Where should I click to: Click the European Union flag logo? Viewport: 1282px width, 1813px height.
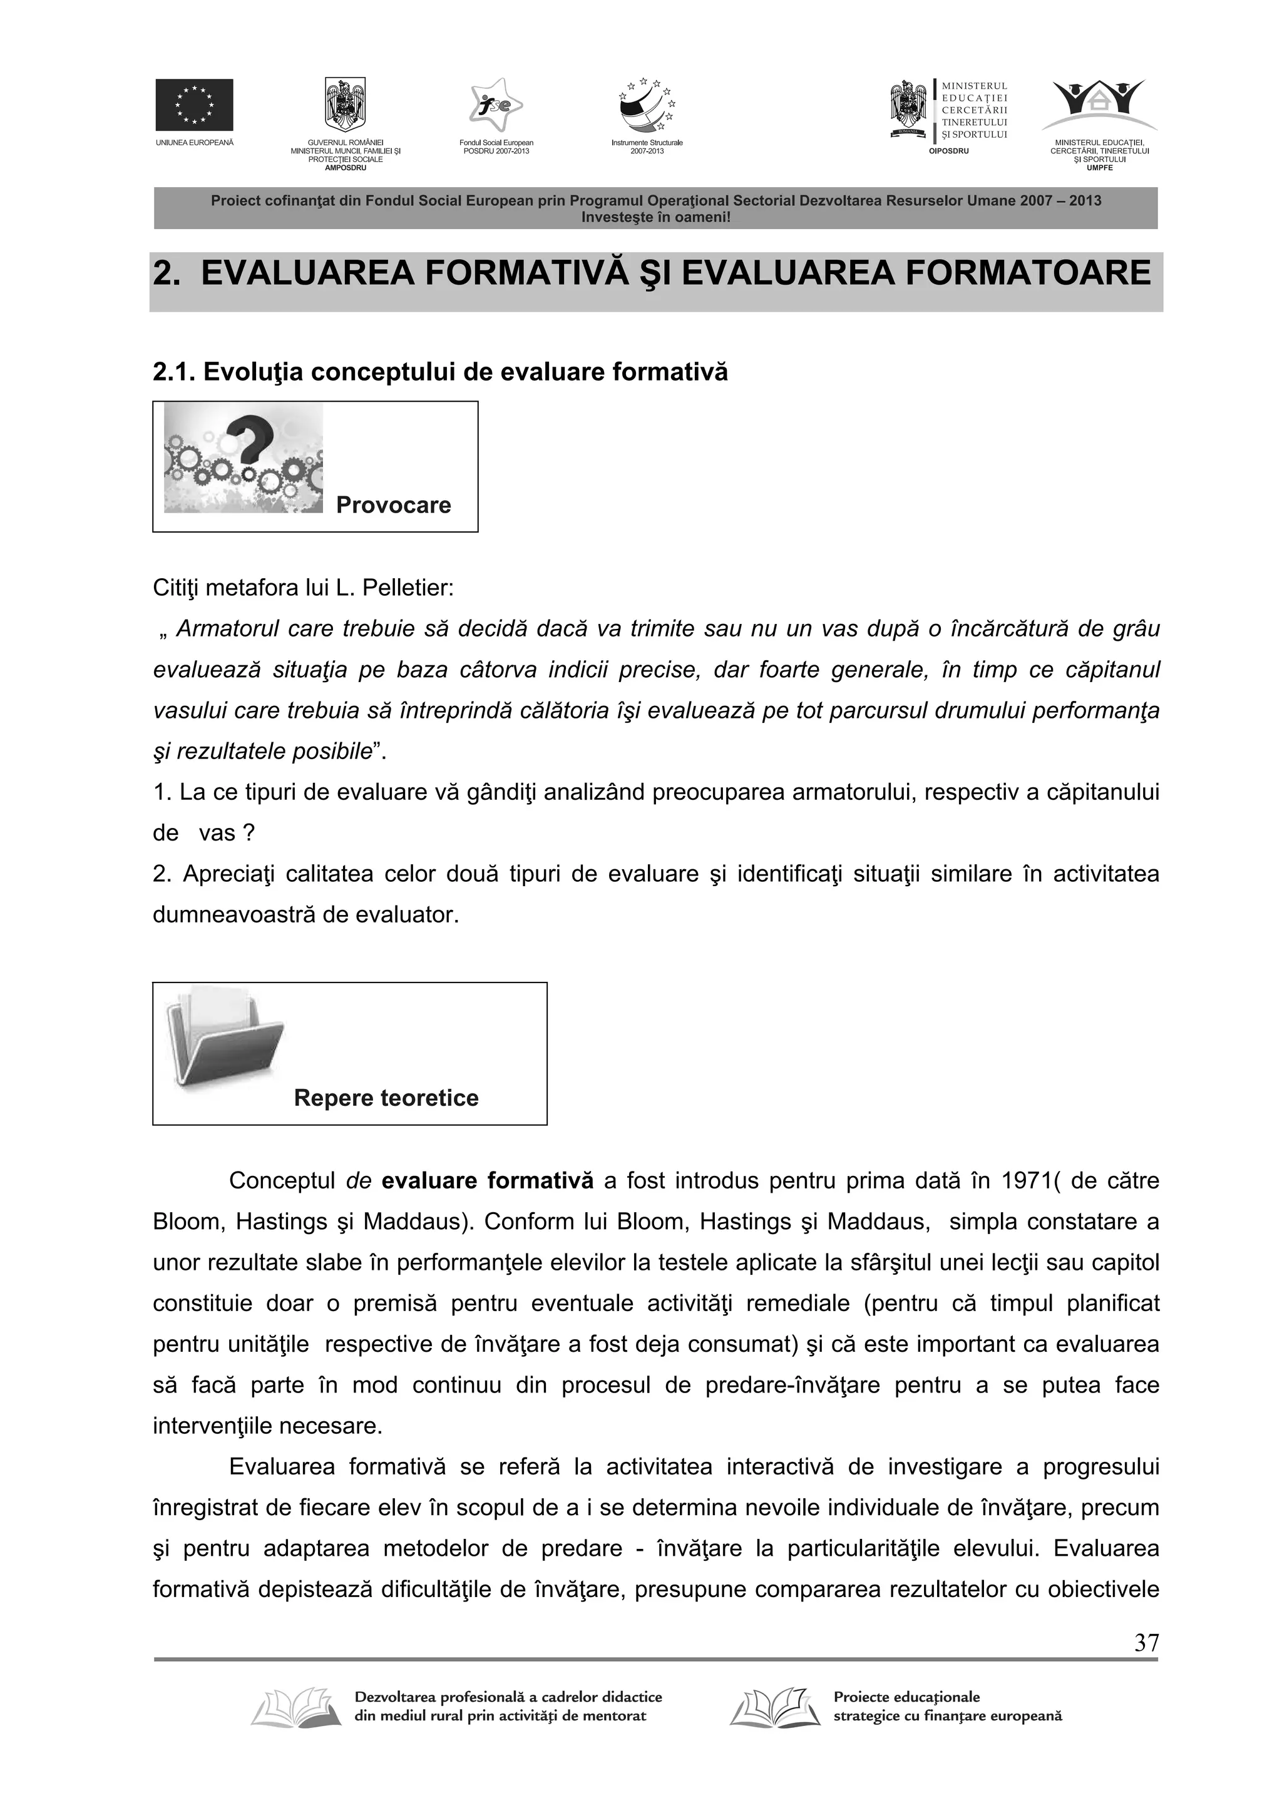click(x=193, y=105)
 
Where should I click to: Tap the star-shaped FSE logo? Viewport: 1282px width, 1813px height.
click(x=495, y=105)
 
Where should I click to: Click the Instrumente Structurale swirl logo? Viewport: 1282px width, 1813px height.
click(x=647, y=105)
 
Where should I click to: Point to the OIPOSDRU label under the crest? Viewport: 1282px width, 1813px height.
click(x=948, y=151)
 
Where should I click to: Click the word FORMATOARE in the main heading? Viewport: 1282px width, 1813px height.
click(x=1028, y=273)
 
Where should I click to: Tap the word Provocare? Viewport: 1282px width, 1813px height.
click(x=393, y=506)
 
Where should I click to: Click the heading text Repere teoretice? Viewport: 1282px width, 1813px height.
click(x=386, y=1098)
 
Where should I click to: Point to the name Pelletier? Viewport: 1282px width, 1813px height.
click(x=408, y=588)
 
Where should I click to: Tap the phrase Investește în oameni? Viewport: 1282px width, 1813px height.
click(x=655, y=217)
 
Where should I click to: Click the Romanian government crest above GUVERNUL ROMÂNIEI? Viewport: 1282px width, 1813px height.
click(x=345, y=105)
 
